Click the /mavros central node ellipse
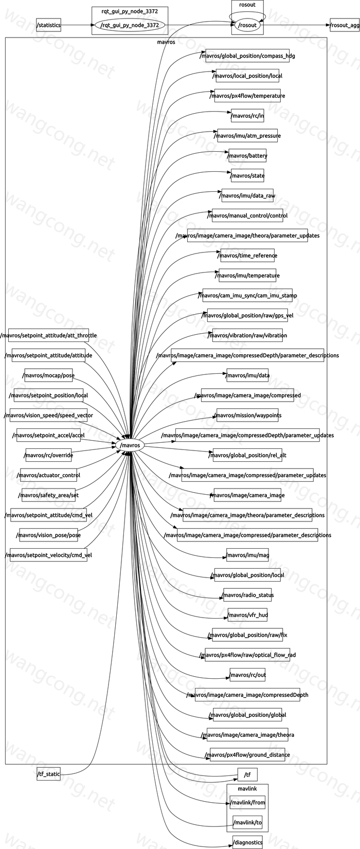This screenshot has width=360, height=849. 130,445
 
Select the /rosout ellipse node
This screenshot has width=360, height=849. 247,25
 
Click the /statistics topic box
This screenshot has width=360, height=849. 48,25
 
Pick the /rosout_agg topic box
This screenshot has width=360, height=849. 345,25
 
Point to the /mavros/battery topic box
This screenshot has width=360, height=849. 247,156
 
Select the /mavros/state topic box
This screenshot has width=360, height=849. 248,176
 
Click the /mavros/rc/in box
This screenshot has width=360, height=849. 247,116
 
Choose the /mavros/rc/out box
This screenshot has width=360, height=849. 247,675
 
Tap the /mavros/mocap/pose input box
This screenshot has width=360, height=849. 49,375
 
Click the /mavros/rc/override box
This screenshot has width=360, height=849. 48,455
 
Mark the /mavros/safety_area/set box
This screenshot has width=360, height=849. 48,495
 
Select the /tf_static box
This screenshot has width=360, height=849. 48,774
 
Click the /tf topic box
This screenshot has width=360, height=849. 247,775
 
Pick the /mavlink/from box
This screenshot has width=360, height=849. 247,802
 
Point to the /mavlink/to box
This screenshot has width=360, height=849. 247,822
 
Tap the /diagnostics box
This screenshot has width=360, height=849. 247,842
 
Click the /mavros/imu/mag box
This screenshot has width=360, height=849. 247,555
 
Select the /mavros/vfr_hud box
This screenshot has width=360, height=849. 247,615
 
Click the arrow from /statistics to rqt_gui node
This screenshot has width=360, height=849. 78,25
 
